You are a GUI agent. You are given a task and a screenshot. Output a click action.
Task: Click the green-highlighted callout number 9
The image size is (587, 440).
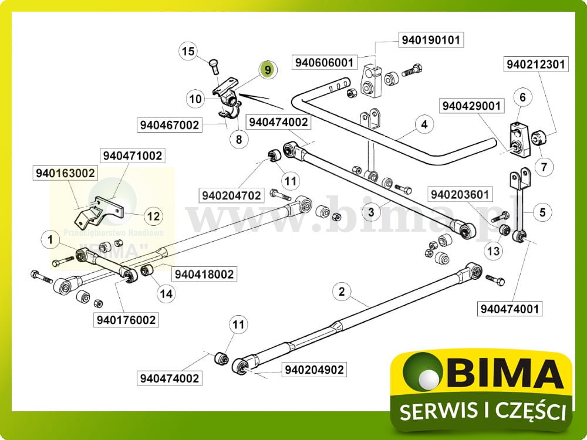pos(267,69)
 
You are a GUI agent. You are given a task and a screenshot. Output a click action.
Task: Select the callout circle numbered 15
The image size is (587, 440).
pos(187,52)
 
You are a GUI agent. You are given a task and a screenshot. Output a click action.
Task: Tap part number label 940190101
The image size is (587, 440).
pos(431,40)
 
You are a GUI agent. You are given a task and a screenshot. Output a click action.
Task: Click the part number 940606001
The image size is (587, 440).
pos(324,62)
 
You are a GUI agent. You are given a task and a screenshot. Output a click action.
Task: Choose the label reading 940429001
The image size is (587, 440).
pos(472,106)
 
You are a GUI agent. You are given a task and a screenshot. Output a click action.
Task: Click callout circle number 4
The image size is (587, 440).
pos(423,124)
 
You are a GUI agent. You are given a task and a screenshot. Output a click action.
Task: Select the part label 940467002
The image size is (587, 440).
pos(170,125)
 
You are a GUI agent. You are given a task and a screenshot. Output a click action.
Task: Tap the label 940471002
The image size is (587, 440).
pos(133,156)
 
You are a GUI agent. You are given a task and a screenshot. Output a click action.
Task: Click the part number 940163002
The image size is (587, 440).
pos(66,174)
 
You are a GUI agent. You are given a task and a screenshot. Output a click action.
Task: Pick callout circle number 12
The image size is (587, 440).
pos(153,216)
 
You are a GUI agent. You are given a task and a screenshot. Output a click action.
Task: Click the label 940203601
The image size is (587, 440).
pos(461,194)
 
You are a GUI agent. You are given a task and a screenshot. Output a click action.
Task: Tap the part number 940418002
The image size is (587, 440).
pos(204,274)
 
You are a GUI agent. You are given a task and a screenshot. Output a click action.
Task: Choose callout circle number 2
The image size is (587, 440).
pos(342,290)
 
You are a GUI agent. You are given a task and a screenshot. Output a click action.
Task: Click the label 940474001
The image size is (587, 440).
pos(510,308)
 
